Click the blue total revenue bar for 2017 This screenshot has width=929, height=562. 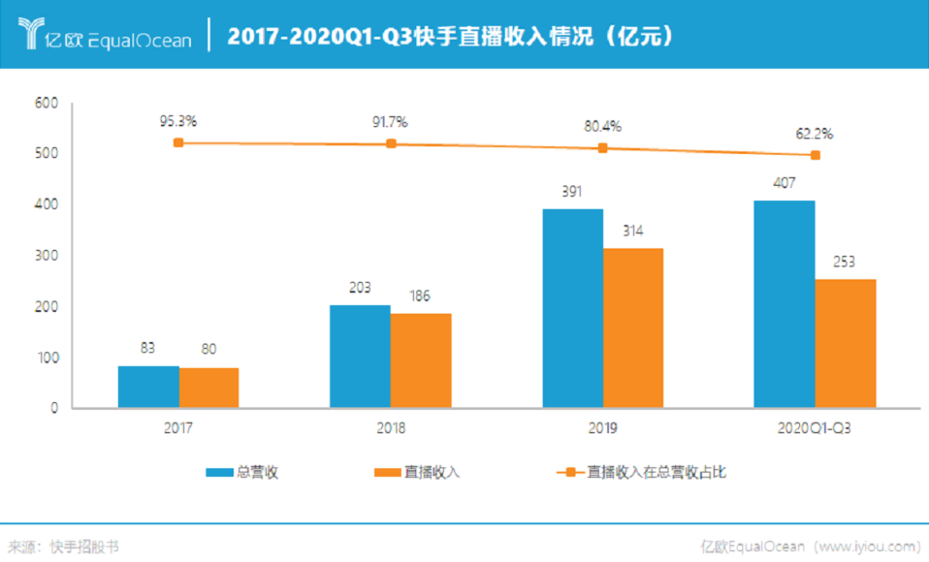(x=148, y=387)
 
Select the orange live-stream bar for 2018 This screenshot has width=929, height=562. (x=421, y=360)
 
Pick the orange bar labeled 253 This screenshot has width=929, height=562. (x=845, y=343)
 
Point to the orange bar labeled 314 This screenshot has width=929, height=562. (x=633, y=327)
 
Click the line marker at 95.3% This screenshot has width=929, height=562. (x=178, y=143)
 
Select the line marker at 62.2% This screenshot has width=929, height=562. (x=815, y=156)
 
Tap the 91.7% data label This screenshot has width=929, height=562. (x=390, y=122)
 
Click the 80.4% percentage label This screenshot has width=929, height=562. (x=602, y=126)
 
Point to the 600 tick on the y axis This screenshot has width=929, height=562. (x=46, y=103)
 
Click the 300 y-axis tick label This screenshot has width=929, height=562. (x=46, y=256)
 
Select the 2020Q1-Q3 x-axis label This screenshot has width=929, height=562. (x=815, y=428)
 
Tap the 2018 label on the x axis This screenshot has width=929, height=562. (x=390, y=428)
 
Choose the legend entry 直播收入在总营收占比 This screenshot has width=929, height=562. (x=656, y=472)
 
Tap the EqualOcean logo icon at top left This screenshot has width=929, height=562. (x=31, y=34)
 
